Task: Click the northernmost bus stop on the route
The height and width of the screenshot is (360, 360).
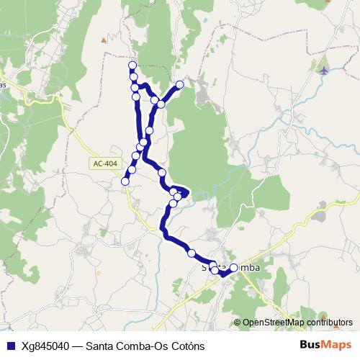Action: click(132, 66)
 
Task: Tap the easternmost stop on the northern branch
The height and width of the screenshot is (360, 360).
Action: click(180, 85)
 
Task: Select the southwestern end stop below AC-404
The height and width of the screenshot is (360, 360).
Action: click(125, 181)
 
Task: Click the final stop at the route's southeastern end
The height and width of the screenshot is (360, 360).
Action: click(233, 268)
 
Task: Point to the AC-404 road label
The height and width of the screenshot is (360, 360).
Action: click(104, 164)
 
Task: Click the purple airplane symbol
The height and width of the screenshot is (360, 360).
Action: click(323, 70)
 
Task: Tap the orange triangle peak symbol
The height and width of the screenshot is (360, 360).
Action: click(104, 40)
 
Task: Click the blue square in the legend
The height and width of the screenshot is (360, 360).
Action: click(10, 345)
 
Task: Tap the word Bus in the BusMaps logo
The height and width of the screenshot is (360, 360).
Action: click(312, 344)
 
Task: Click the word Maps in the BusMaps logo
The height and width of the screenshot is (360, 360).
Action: click(338, 344)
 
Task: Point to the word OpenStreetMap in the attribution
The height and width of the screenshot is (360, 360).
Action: click(273, 323)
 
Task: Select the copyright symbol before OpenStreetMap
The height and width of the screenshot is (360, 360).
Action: click(237, 323)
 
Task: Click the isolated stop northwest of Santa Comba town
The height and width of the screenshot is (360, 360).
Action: click(192, 253)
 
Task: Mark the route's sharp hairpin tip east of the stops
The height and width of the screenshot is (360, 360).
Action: click(188, 192)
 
